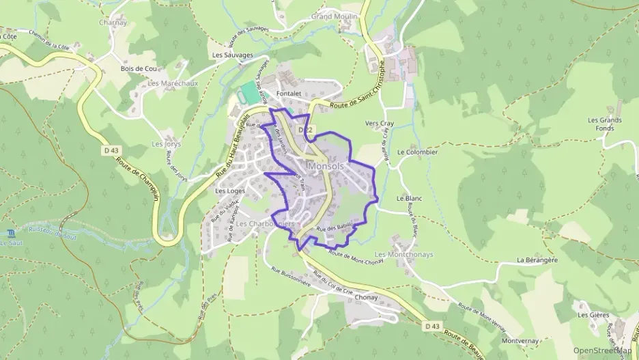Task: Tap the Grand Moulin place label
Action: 335,16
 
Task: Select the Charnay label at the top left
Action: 113,21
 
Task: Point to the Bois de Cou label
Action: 139,68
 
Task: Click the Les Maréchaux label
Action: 168,83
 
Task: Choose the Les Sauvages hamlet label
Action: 233,55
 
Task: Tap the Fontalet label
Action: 289,93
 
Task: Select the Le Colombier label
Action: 416,152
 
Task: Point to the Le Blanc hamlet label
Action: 410,198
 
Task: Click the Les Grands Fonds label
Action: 604,124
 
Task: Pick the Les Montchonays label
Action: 404,254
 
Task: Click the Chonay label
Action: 366,298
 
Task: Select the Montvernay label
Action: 520,340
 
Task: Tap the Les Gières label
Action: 593,315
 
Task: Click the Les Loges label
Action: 230,191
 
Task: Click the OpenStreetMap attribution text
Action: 602,350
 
